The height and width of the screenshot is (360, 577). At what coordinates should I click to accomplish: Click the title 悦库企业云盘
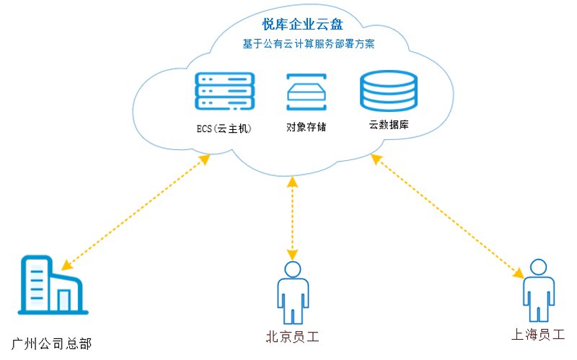click(302, 25)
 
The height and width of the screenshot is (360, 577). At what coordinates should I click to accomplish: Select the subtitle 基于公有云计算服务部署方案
click(309, 44)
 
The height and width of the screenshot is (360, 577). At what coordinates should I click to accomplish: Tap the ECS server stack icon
click(224, 92)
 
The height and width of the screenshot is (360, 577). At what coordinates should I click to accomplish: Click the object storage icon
click(307, 92)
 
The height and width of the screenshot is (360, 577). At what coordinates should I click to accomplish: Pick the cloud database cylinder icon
click(389, 91)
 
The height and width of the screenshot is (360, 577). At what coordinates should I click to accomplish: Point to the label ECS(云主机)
click(224, 128)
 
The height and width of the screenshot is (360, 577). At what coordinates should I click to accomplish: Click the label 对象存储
click(306, 127)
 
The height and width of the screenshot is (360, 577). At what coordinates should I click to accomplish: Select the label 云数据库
click(389, 124)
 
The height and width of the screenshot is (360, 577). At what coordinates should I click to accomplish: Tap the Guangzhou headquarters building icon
click(53, 284)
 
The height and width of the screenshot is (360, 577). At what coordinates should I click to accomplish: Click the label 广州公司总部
click(51, 344)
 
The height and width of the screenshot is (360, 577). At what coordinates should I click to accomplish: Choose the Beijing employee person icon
click(293, 293)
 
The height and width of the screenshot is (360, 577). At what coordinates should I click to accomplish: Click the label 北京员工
click(292, 336)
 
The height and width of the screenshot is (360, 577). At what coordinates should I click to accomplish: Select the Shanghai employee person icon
click(539, 291)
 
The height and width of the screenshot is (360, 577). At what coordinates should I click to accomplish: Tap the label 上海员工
click(538, 334)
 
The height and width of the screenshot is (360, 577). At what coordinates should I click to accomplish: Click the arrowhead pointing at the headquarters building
click(66, 265)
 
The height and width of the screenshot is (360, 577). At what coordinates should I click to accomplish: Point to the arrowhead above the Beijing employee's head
click(293, 255)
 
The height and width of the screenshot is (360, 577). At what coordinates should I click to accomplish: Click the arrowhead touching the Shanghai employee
click(519, 273)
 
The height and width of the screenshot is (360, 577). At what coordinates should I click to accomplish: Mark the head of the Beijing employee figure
click(293, 269)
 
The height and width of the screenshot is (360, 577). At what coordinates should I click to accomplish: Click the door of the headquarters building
click(64, 300)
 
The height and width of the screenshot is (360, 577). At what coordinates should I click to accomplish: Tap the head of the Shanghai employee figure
click(539, 267)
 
